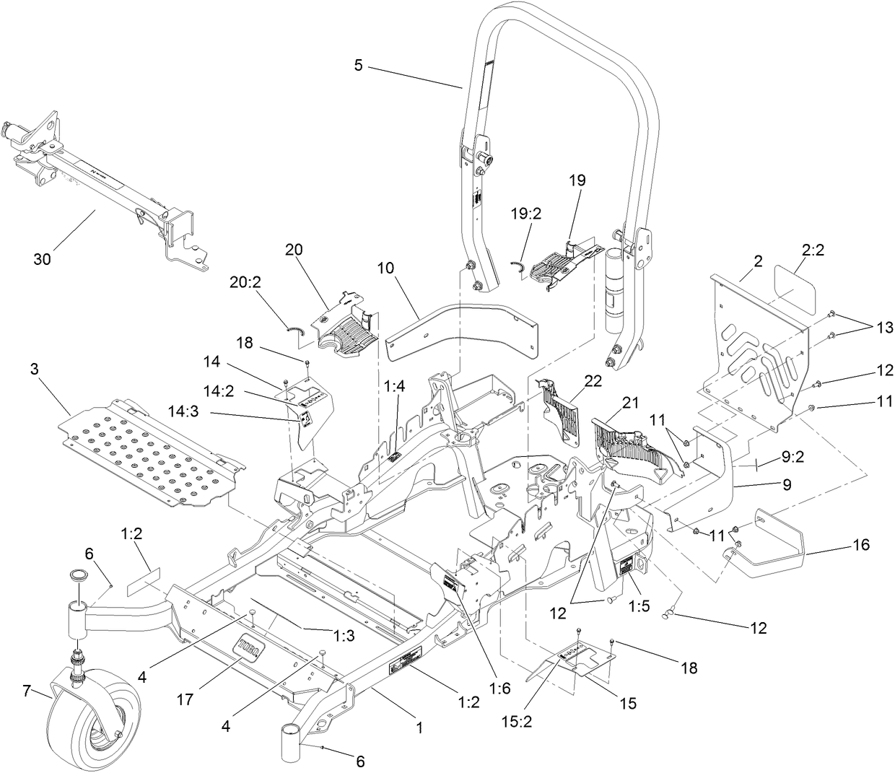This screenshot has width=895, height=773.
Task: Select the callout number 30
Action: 42,259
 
